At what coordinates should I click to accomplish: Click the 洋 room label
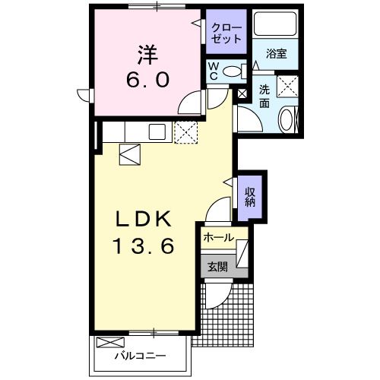pyautogui.click(x=148, y=55)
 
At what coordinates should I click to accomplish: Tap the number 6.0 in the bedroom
pyautogui.click(x=147, y=79)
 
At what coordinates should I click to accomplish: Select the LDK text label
pyautogui.click(x=144, y=220)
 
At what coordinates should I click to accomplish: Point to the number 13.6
pyautogui.click(x=144, y=245)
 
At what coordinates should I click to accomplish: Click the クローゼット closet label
pyautogui.click(x=226, y=33)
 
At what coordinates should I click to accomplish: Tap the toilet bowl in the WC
pyautogui.click(x=233, y=71)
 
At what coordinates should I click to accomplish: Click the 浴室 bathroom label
pyautogui.click(x=276, y=54)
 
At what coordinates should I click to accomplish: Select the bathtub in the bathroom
pyautogui.click(x=275, y=24)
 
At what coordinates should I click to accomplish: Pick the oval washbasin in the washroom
pyautogui.click(x=286, y=120)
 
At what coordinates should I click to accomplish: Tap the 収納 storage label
pyautogui.click(x=249, y=197)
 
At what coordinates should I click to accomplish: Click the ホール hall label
pyautogui.click(x=218, y=238)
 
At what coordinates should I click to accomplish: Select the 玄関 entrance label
pyautogui.click(x=217, y=267)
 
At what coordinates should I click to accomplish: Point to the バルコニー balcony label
pyautogui.click(x=140, y=356)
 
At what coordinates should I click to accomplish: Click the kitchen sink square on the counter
pyautogui.click(x=157, y=131)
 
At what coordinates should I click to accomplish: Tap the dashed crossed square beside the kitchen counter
pyautogui.click(x=186, y=132)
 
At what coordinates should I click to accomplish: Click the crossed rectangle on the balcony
pyautogui.click(x=111, y=342)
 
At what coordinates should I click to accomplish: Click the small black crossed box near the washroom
pyautogui.click(x=242, y=94)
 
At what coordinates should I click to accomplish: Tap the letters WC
pyautogui.click(x=214, y=71)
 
